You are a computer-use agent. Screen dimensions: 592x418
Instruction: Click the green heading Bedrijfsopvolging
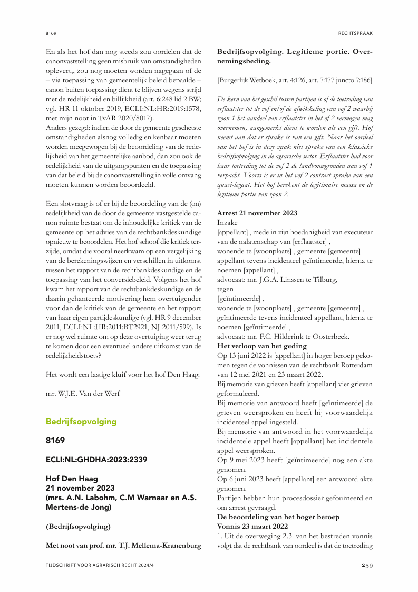click(x=81, y=422)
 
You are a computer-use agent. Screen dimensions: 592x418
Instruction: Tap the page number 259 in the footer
click(x=367, y=566)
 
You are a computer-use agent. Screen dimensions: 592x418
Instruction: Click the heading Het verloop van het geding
click(x=262, y=346)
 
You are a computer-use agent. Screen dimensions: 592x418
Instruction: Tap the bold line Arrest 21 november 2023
click(x=257, y=213)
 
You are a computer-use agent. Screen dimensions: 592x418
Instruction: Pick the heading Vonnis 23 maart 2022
click(x=252, y=526)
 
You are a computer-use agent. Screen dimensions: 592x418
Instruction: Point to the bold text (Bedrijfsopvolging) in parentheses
click(x=79, y=526)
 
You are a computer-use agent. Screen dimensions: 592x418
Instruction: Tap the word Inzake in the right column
click(x=228, y=222)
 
